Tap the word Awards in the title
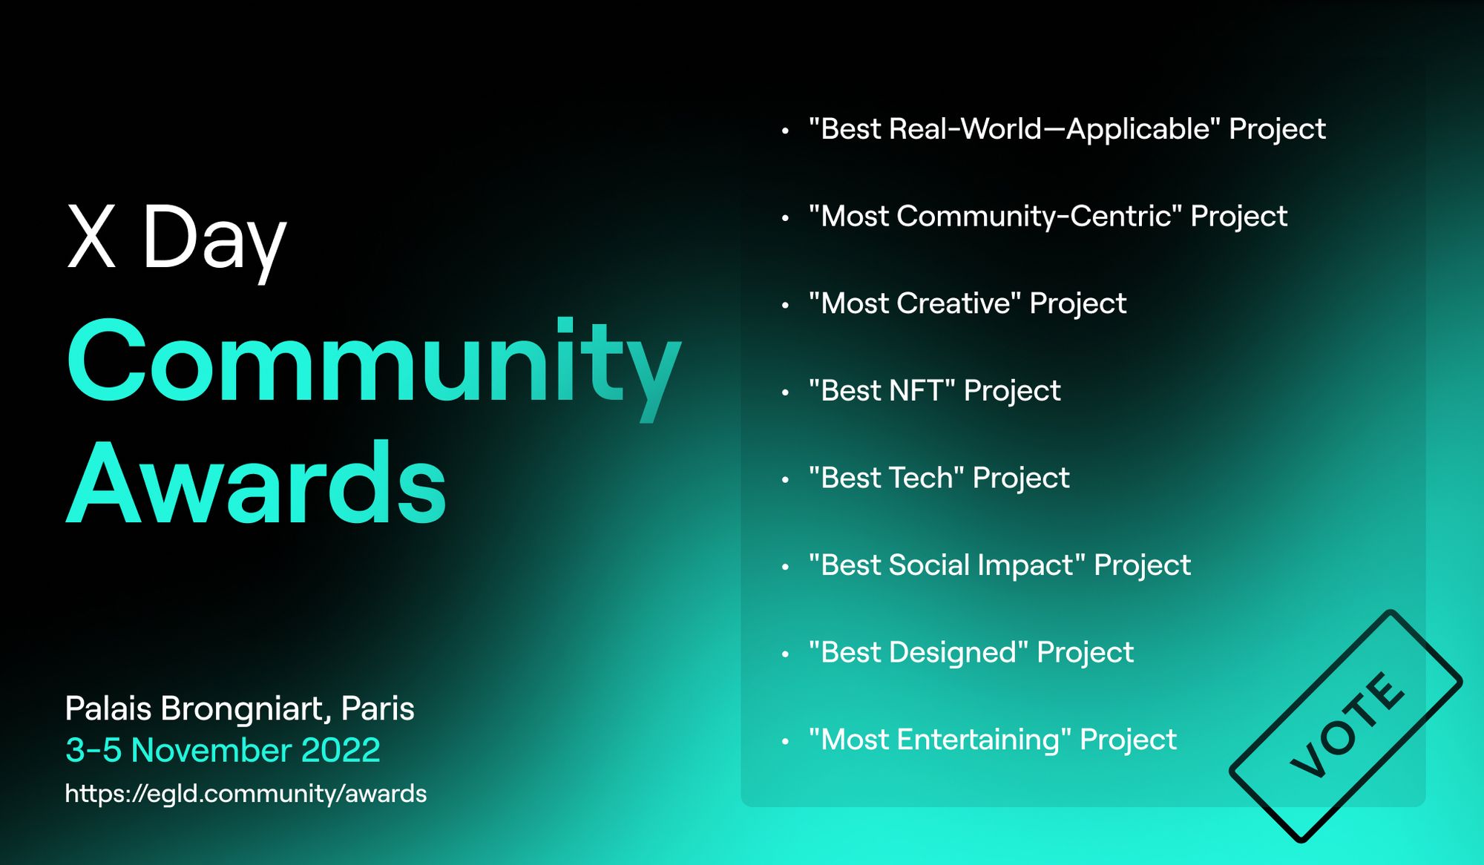point(257,483)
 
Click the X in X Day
point(92,236)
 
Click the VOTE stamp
point(1346,726)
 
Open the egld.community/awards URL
point(246,794)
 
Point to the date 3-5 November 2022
point(223,750)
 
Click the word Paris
point(378,708)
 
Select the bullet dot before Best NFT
point(785,392)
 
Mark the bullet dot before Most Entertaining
point(785,741)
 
